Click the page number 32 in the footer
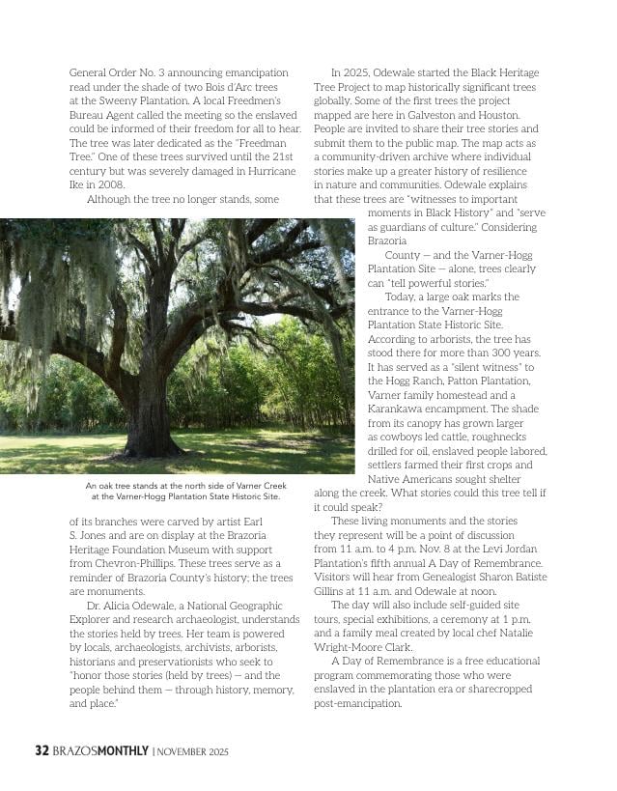click(x=42, y=750)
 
